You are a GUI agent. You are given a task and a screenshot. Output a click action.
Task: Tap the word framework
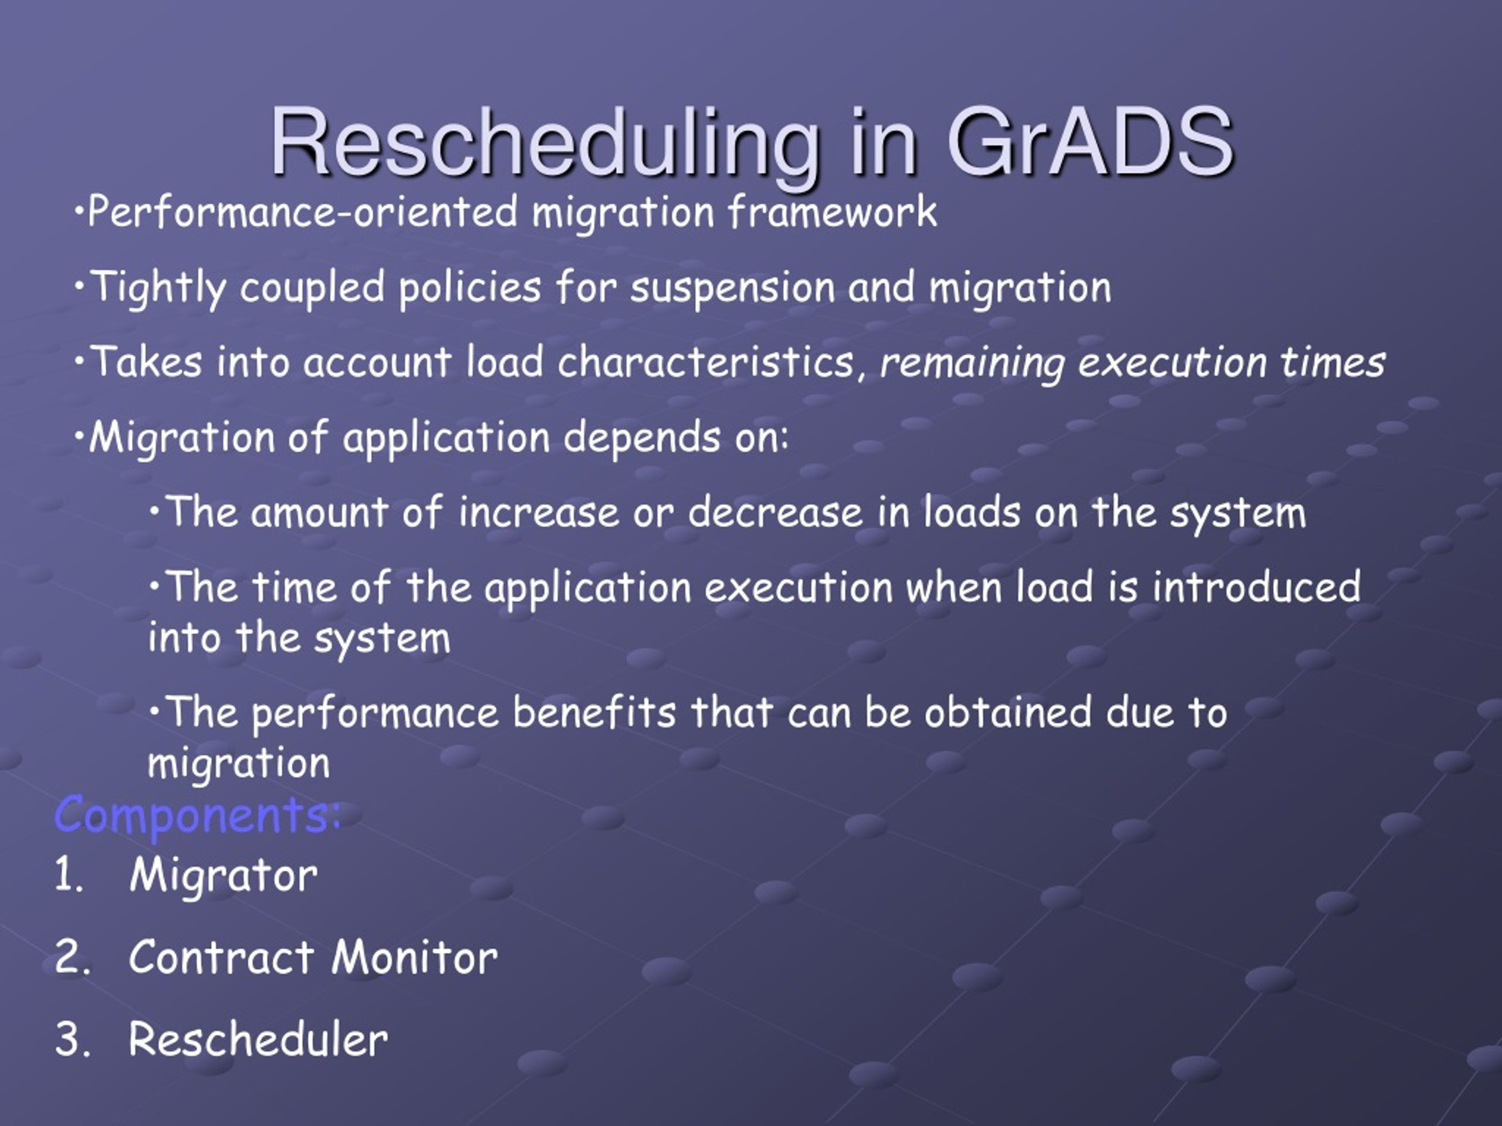tap(832, 211)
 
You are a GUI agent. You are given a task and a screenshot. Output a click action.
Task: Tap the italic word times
tap(1333, 361)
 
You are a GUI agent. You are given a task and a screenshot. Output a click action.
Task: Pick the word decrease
tap(775, 512)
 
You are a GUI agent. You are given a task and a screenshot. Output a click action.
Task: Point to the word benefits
tap(594, 712)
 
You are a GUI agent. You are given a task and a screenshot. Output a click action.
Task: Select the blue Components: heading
tap(197, 815)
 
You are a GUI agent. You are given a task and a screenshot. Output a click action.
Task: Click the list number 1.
tap(68, 874)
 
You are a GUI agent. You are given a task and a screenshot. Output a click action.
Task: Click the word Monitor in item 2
tap(415, 957)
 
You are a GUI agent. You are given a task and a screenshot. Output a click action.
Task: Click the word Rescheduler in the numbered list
tap(259, 1039)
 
